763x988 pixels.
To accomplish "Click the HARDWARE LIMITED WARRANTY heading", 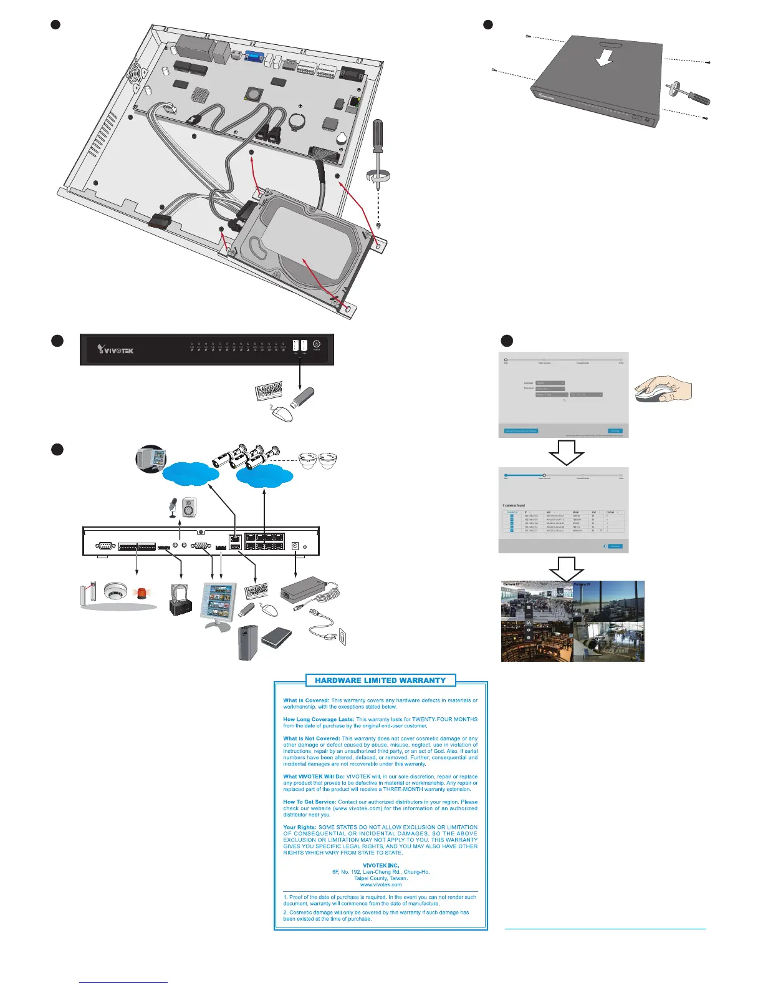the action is (380, 680).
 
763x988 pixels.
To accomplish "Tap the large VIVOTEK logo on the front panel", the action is (115, 351).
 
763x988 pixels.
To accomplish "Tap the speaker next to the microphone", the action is (190, 507).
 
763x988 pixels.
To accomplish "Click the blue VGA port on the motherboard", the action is (254, 57).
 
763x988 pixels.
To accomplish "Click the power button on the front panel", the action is (317, 344).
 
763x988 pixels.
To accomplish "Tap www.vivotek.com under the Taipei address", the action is (380, 884).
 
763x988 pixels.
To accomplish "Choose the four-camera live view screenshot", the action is (572, 621).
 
